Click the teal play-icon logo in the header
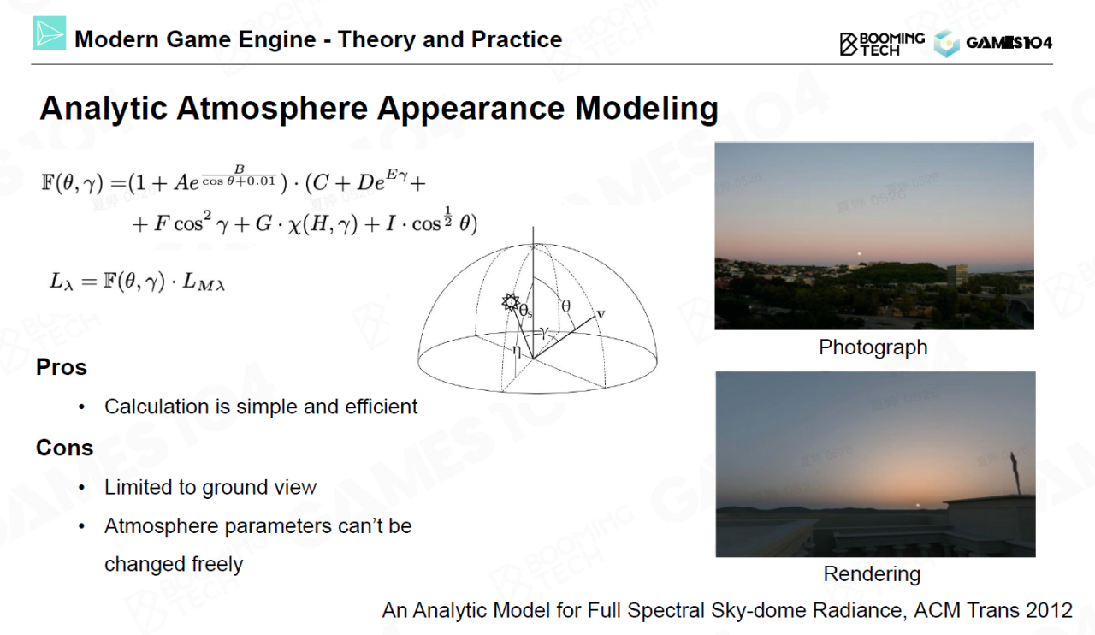(x=50, y=33)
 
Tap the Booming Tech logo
(x=882, y=44)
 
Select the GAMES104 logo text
(x=1009, y=43)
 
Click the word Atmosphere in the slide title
(x=272, y=108)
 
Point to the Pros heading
(x=62, y=367)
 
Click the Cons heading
(x=64, y=448)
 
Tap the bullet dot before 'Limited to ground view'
(x=81, y=488)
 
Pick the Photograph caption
(x=873, y=347)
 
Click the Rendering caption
(x=872, y=574)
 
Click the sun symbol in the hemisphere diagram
(x=511, y=302)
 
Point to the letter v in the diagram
(x=601, y=313)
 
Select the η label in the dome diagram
(x=517, y=350)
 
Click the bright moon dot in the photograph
(x=860, y=253)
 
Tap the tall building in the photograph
(x=956, y=275)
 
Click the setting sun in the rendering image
(x=918, y=506)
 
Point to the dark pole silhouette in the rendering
(x=1015, y=473)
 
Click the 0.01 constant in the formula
(x=260, y=181)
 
